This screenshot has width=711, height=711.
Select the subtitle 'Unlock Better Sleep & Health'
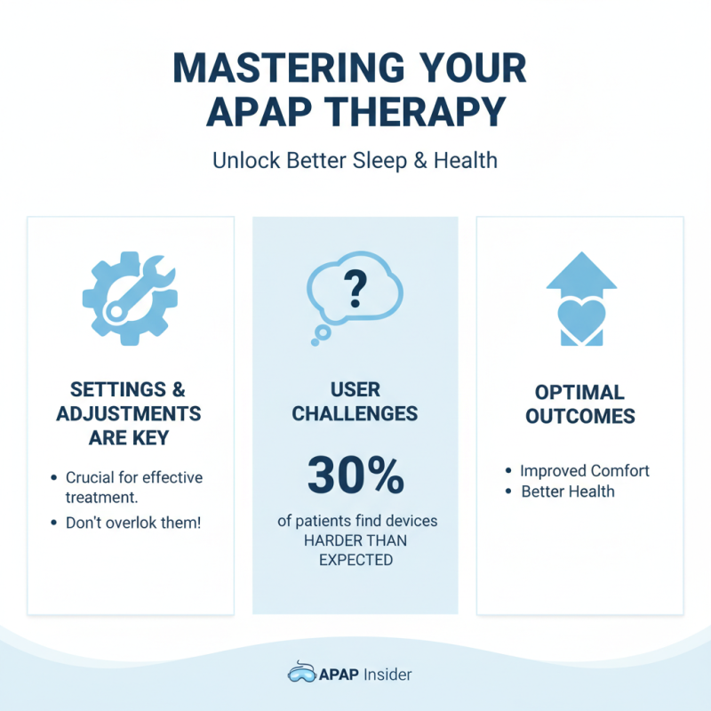click(355, 162)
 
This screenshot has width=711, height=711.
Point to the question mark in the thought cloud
click(355, 286)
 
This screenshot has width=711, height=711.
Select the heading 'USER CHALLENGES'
click(355, 402)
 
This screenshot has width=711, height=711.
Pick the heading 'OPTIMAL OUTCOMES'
click(580, 404)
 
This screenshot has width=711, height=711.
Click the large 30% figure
click(355, 477)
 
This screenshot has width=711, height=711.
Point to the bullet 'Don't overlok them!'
click(133, 523)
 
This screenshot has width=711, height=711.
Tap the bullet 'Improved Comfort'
click(585, 470)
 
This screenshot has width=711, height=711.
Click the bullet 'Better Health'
click(567, 491)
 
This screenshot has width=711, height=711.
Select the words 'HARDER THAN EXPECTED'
click(355, 551)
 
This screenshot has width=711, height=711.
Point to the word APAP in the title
click(257, 113)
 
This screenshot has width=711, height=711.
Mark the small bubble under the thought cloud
click(322, 332)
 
